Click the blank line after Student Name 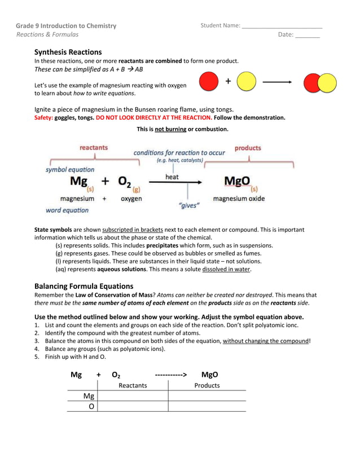point(282,26)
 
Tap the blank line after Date point(308,35)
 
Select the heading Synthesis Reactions point(68,51)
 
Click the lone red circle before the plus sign point(209,82)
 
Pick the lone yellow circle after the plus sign point(247,82)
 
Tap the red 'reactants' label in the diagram point(94,148)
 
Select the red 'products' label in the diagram point(248,148)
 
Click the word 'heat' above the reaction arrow point(172,177)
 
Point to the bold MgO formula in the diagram point(237,181)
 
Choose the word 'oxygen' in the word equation point(131,199)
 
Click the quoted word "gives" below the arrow point(189,206)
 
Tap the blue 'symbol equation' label point(70,169)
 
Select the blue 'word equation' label point(67,210)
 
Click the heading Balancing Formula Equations point(84,286)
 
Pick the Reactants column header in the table point(133,385)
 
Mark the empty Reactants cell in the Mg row point(133,396)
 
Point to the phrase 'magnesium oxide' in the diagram point(239,199)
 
